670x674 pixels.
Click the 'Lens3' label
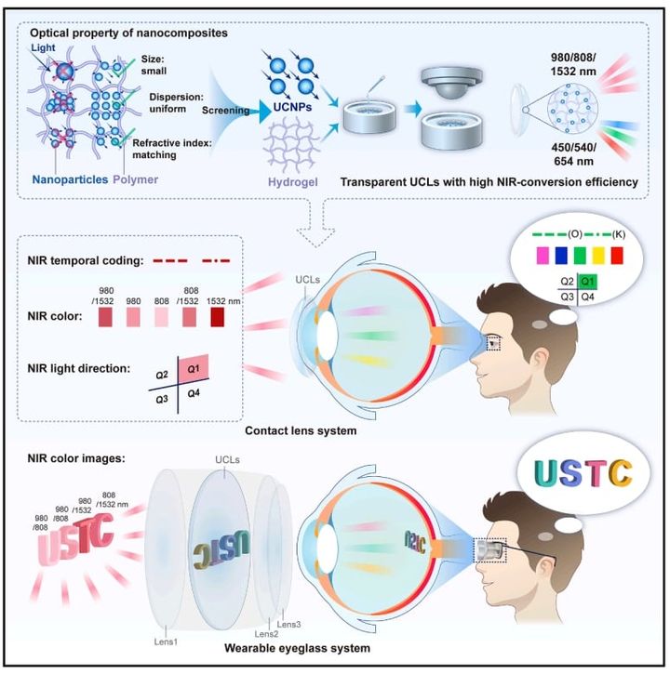[287, 615]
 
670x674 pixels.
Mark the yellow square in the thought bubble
[592, 253]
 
